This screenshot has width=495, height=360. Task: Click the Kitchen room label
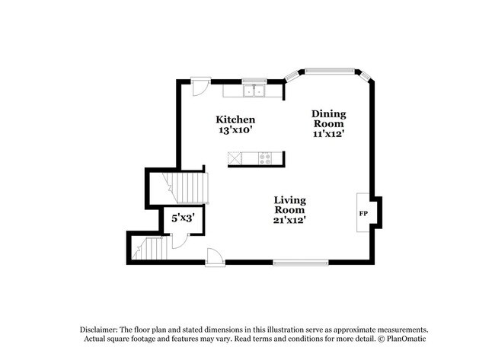(x=235, y=119)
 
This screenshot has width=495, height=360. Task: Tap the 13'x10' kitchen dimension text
(x=235, y=130)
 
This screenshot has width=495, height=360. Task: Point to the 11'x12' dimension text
(x=328, y=134)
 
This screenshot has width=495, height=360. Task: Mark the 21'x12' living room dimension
(x=290, y=221)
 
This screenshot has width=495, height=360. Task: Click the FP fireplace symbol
(x=363, y=213)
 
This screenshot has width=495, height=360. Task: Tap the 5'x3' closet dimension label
(x=182, y=218)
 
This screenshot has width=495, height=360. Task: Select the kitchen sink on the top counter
(x=254, y=91)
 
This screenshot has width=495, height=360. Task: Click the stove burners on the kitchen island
(x=265, y=158)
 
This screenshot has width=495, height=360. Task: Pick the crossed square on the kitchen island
(x=235, y=158)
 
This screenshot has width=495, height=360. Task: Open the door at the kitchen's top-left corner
(x=199, y=86)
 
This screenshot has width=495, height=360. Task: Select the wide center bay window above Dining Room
(x=331, y=72)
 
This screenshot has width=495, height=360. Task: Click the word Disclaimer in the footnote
(x=103, y=329)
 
